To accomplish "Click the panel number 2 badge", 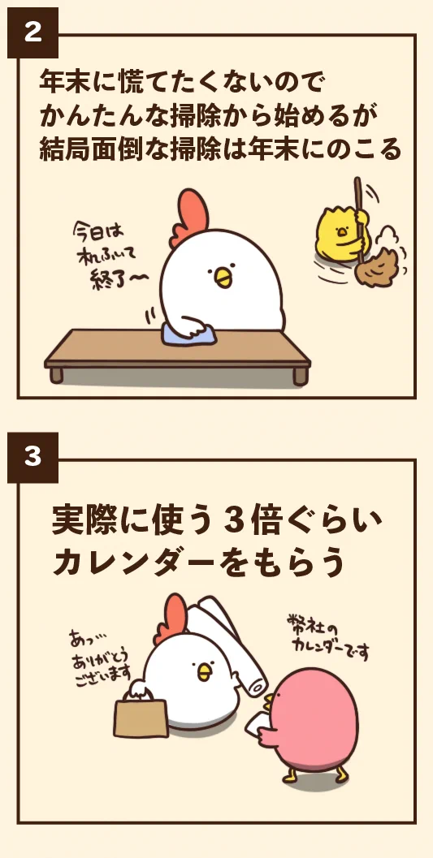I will coord(32,32).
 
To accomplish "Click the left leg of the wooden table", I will coord(56,375).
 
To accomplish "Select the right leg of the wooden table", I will coord(300,375).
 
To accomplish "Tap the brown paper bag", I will coord(141,718).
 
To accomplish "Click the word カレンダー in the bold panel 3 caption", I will coord(133,563).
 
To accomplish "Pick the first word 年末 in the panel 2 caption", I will coord(65,81).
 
